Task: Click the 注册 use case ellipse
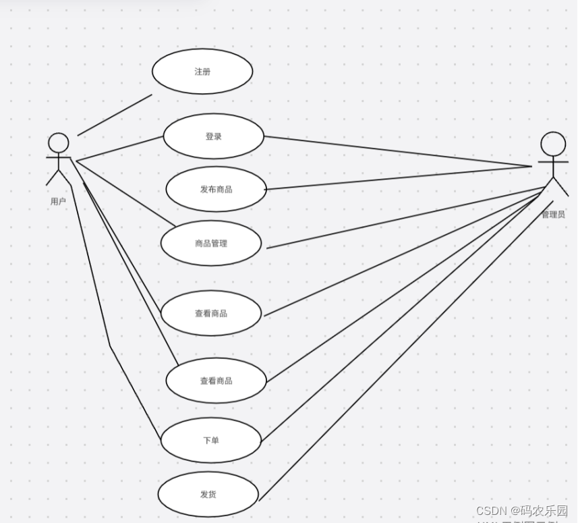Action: point(202,71)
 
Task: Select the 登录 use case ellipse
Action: point(213,136)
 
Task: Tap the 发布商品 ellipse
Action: point(216,189)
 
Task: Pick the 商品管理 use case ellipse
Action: point(211,243)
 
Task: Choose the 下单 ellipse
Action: point(211,441)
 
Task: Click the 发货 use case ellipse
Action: point(208,495)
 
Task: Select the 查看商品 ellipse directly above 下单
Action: point(216,381)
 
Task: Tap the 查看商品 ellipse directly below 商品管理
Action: point(211,313)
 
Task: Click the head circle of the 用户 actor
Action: point(59,142)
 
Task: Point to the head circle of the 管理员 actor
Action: point(553,144)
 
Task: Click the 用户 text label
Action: point(58,201)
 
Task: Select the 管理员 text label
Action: point(553,215)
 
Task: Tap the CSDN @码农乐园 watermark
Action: point(521,511)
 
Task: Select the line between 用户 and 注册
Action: point(115,115)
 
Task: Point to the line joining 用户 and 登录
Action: point(120,148)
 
